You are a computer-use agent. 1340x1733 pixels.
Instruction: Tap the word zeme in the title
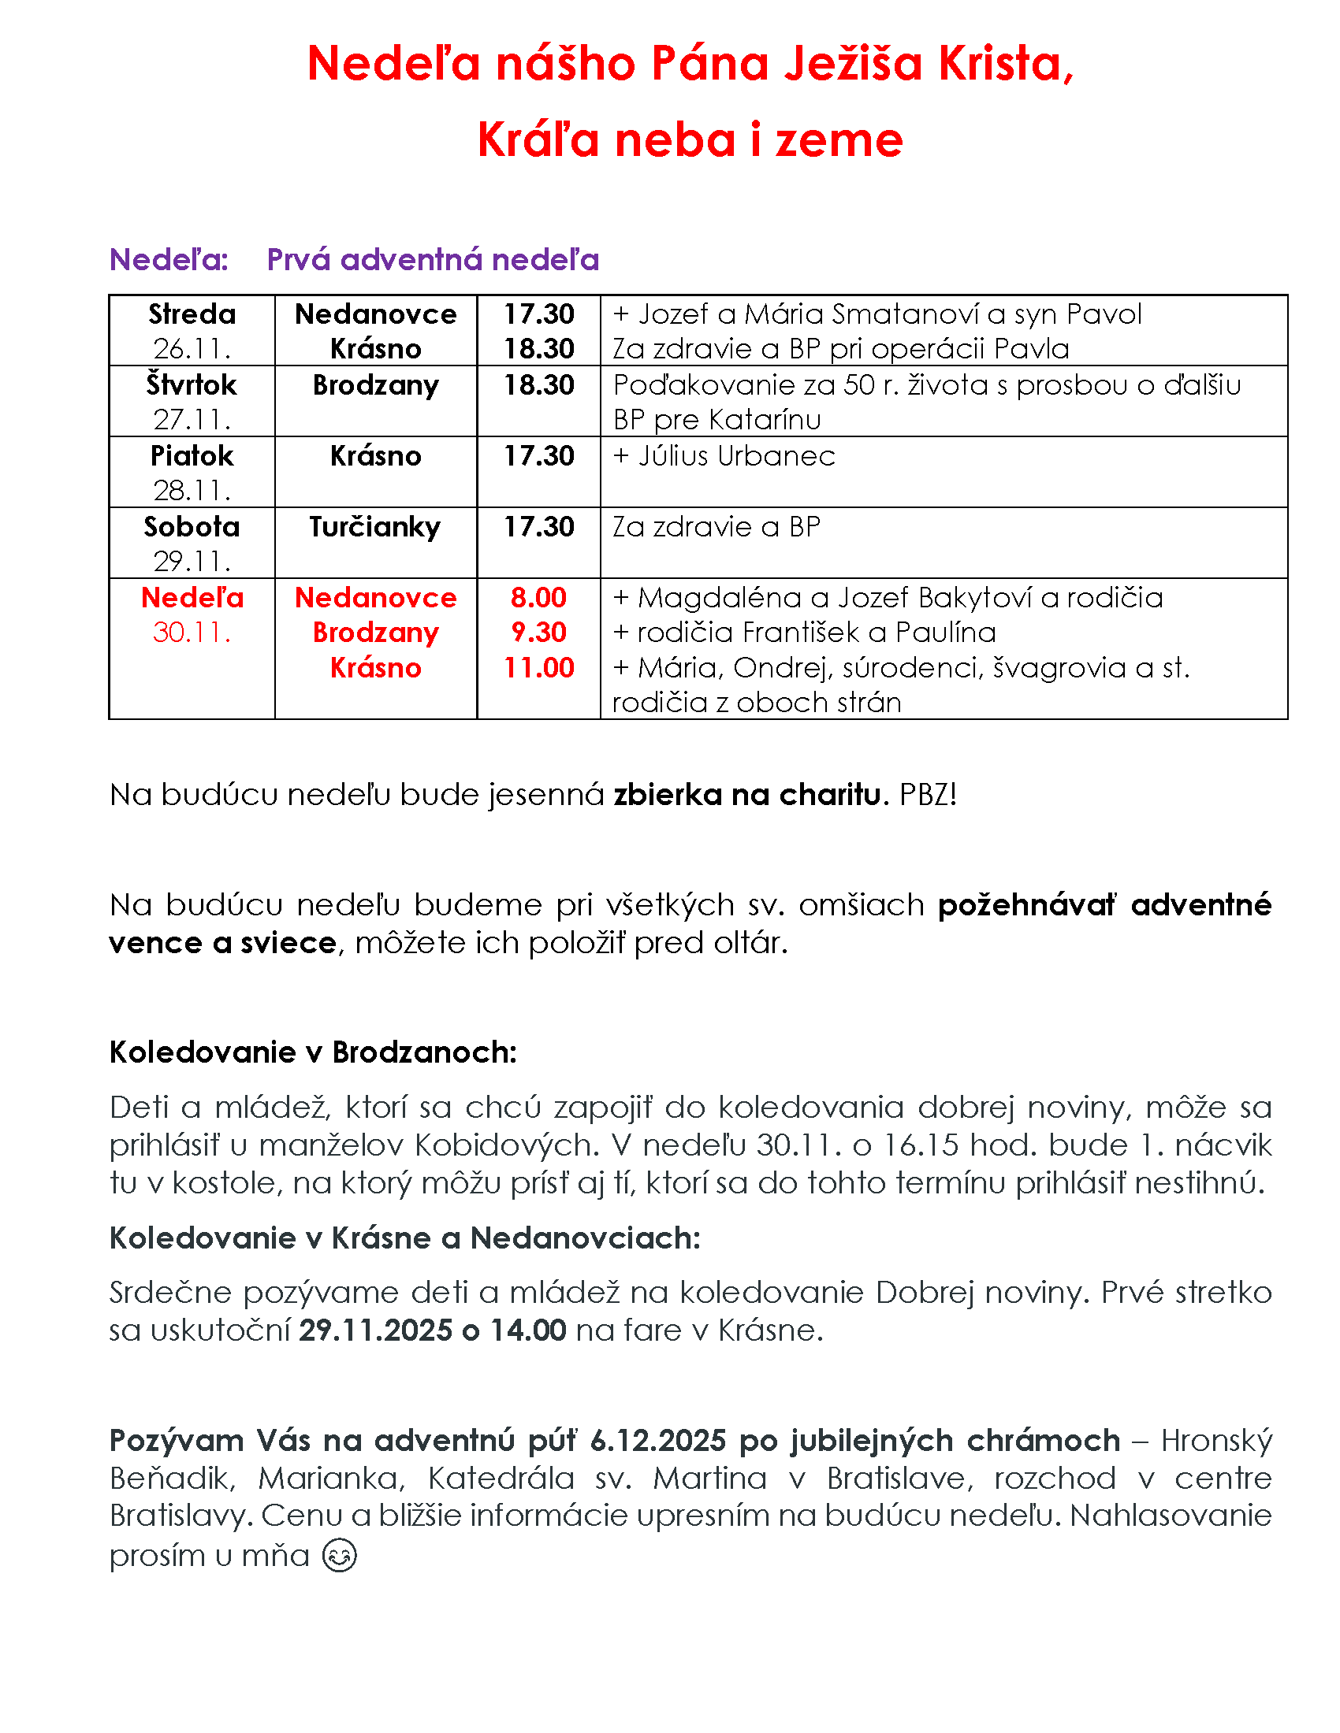[839, 140]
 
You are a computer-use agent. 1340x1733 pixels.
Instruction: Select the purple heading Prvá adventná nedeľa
[433, 259]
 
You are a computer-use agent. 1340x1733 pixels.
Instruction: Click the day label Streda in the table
[192, 314]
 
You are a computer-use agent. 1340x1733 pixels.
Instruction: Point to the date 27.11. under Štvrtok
[192, 419]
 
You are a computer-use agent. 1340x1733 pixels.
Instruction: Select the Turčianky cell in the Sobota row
[374, 527]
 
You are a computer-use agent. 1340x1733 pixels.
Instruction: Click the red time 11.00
[538, 667]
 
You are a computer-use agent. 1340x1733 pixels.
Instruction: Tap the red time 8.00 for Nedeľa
[538, 598]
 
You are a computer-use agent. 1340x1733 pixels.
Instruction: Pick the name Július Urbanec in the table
[736, 456]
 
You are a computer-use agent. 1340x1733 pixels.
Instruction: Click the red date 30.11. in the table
[192, 633]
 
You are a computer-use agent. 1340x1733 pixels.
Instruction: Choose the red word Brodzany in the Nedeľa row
[374, 633]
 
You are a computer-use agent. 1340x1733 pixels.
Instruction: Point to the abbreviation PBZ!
[927, 794]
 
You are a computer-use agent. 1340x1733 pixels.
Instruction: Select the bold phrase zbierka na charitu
[746, 794]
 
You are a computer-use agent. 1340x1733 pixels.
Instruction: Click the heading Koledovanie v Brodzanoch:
[313, 1052]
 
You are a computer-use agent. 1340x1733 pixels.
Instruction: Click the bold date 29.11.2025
[374, 1330]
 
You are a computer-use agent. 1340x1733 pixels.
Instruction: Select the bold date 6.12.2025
[658, 1440]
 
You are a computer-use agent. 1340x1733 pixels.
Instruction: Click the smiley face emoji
[340, 1555]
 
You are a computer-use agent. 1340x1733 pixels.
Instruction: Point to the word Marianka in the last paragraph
[331, 1479]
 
